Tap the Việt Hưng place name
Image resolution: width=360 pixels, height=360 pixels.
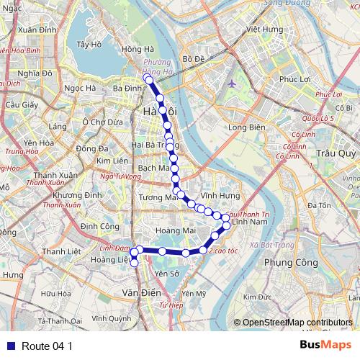tap(264, 30)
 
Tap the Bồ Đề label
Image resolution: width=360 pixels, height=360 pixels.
tap(194, 58)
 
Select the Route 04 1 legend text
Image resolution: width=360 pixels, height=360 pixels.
tap(47, 346)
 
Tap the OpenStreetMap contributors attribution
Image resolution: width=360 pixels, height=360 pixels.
tap(292, 323)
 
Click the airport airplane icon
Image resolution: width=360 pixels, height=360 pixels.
tap(231, 83)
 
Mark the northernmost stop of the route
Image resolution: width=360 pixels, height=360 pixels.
tap(147, 78)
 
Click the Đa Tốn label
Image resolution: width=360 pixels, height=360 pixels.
tap(318, 206)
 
